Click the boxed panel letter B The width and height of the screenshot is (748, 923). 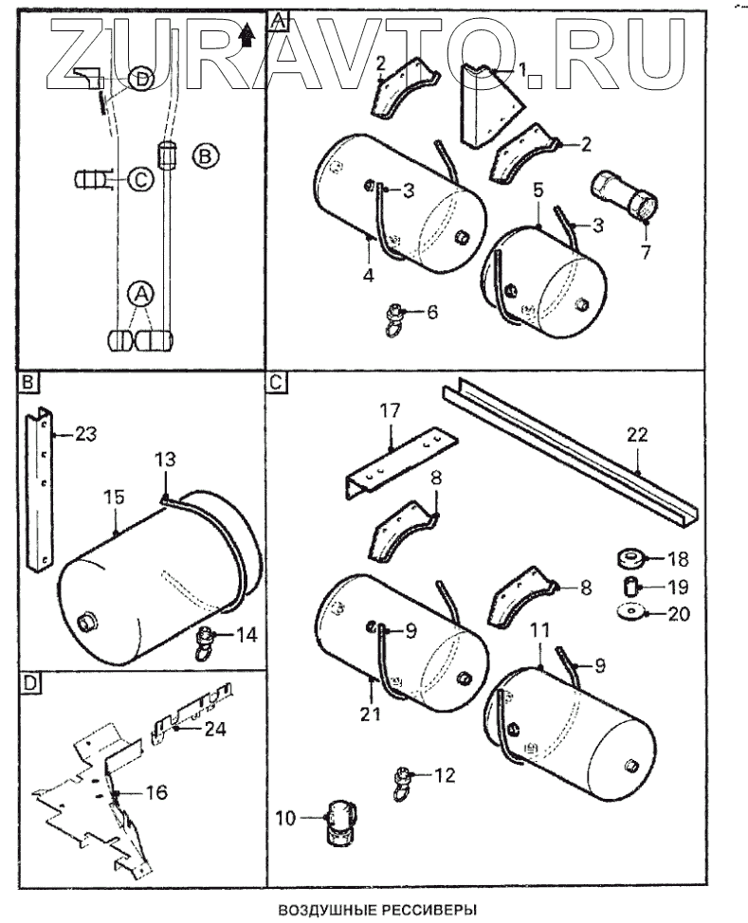tap(27, 382)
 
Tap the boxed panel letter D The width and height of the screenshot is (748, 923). tap(27, 680)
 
